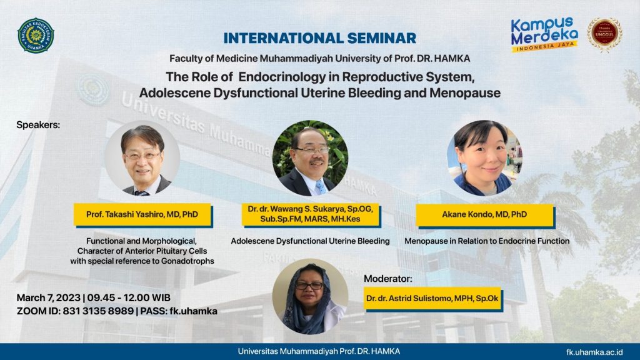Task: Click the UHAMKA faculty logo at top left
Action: pyautogui.click(x=36, y=35)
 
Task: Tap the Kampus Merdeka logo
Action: pyautogui.click(x=544, y=34)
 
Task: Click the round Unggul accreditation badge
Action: pyautogui.click(x=604, y=34)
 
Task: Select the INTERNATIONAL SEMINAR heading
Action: pyautogui.click(x=319, y=38)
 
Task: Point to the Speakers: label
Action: pyautogui.click(x=38, y=124)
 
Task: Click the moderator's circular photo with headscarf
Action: pyautogui.click(x=310, y=296)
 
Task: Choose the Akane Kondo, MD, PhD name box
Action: pyautogui.click(x=484, y=214)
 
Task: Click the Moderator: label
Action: pyautogui.click(x=388, y=277)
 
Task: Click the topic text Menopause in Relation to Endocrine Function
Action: pyautogui.click(x=486, y=241)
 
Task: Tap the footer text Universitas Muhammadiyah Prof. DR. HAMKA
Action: pyautogui.click(x=319, y=351)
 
